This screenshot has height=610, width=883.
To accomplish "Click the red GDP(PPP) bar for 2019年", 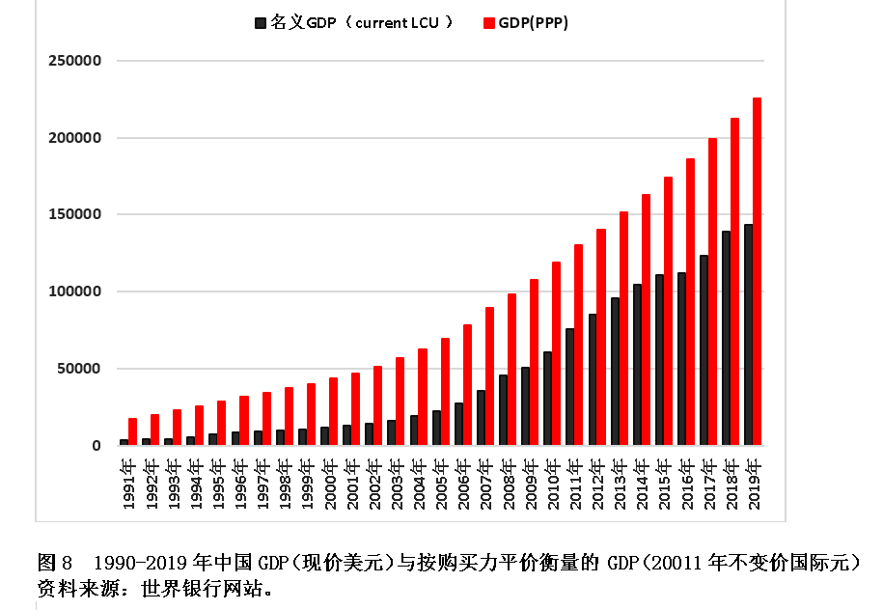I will tap(757, 271).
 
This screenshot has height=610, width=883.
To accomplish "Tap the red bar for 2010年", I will tap(556, 353).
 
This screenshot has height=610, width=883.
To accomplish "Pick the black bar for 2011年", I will tap(569, 387).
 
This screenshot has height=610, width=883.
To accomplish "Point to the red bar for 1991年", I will tap(132, 431).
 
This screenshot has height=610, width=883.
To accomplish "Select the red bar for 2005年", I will tap(445, 392).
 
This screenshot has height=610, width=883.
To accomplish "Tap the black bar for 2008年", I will tap(503, 410).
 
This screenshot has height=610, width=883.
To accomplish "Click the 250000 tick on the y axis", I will tap(74, 61).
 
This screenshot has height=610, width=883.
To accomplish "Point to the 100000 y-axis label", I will tap(74, 291).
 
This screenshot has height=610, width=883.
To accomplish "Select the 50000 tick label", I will tap(78, 369).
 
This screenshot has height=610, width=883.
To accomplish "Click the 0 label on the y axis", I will tap(97, 446).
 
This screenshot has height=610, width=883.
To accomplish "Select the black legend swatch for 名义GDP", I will tap(260, 23).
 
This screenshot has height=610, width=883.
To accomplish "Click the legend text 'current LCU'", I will tap(395, 23).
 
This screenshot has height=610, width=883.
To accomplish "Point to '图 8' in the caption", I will tap(55, 562).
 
